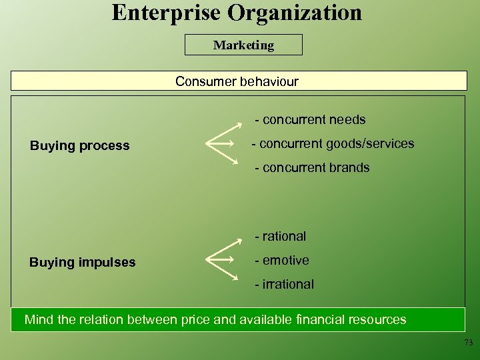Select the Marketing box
pos(243,45)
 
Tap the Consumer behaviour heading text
pos(237,81)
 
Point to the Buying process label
pos(80,145)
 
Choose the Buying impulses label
pos(83,262)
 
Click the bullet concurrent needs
pos(311,120)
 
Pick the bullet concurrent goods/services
pos(333,143)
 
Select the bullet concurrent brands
pos(312,167)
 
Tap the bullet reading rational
pos(281,236)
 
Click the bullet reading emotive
pos(282,260)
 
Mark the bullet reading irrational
pos(284,284)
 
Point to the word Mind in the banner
pos(37,319)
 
